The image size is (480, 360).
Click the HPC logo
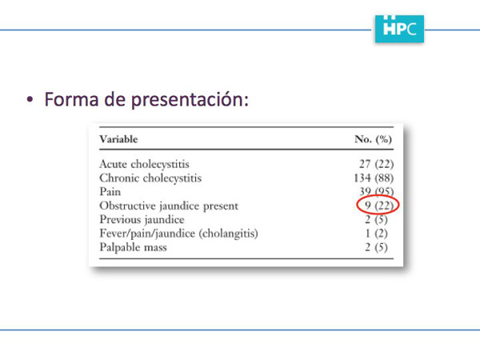coord(399,29)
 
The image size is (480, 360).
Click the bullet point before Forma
coord(30,99)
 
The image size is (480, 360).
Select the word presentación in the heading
coord(190,99)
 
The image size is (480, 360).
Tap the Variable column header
coord(118,139)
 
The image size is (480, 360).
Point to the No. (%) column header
coord(373,139)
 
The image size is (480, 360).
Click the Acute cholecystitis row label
coord(144,164)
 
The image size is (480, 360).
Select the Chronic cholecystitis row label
coord(150,178)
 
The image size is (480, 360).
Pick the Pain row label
coord(110,192)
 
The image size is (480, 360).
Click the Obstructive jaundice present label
coord(169,206)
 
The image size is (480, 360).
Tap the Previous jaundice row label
coord(142,220)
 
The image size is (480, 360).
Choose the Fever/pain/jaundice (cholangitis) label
coord(178,234)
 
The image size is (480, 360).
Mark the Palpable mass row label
coord(133,247)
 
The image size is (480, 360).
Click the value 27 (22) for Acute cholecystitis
coord(377,164)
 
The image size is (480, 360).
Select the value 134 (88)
coord(374,178)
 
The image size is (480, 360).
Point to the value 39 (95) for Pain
coord(377,192)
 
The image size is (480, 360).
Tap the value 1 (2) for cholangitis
coord(377,234)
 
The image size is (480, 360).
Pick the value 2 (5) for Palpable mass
coord(376,247)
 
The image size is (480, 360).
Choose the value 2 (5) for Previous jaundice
coord(376,220)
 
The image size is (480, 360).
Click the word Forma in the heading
coord(71,99)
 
